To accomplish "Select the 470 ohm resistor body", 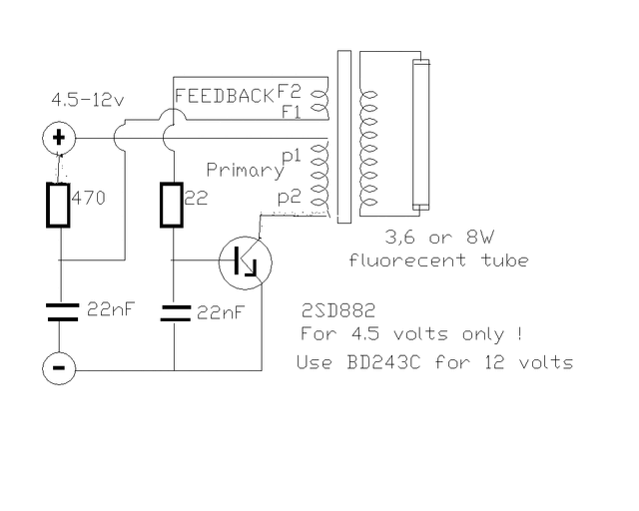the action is click(58, 205).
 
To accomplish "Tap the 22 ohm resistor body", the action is click(172, 205).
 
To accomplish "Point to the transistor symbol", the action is click(246, 262).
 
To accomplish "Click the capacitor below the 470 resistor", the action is click(63, 312).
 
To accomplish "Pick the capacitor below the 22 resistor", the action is click(176, 313).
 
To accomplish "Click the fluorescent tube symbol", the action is click(421, 135).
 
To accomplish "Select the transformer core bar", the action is click(344, 137).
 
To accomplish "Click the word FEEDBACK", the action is click(224, 96).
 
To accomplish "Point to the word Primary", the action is click(245, 171).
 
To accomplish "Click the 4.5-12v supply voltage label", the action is click(88, 100).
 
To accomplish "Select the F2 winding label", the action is click(289, 91).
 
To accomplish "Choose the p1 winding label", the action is click(291, 157).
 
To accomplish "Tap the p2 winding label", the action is click(290, 198).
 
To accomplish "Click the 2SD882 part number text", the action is click(338, 311).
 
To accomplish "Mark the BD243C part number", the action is click(383, 362).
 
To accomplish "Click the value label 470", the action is click(89, 199).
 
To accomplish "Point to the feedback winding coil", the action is click(319, 101).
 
